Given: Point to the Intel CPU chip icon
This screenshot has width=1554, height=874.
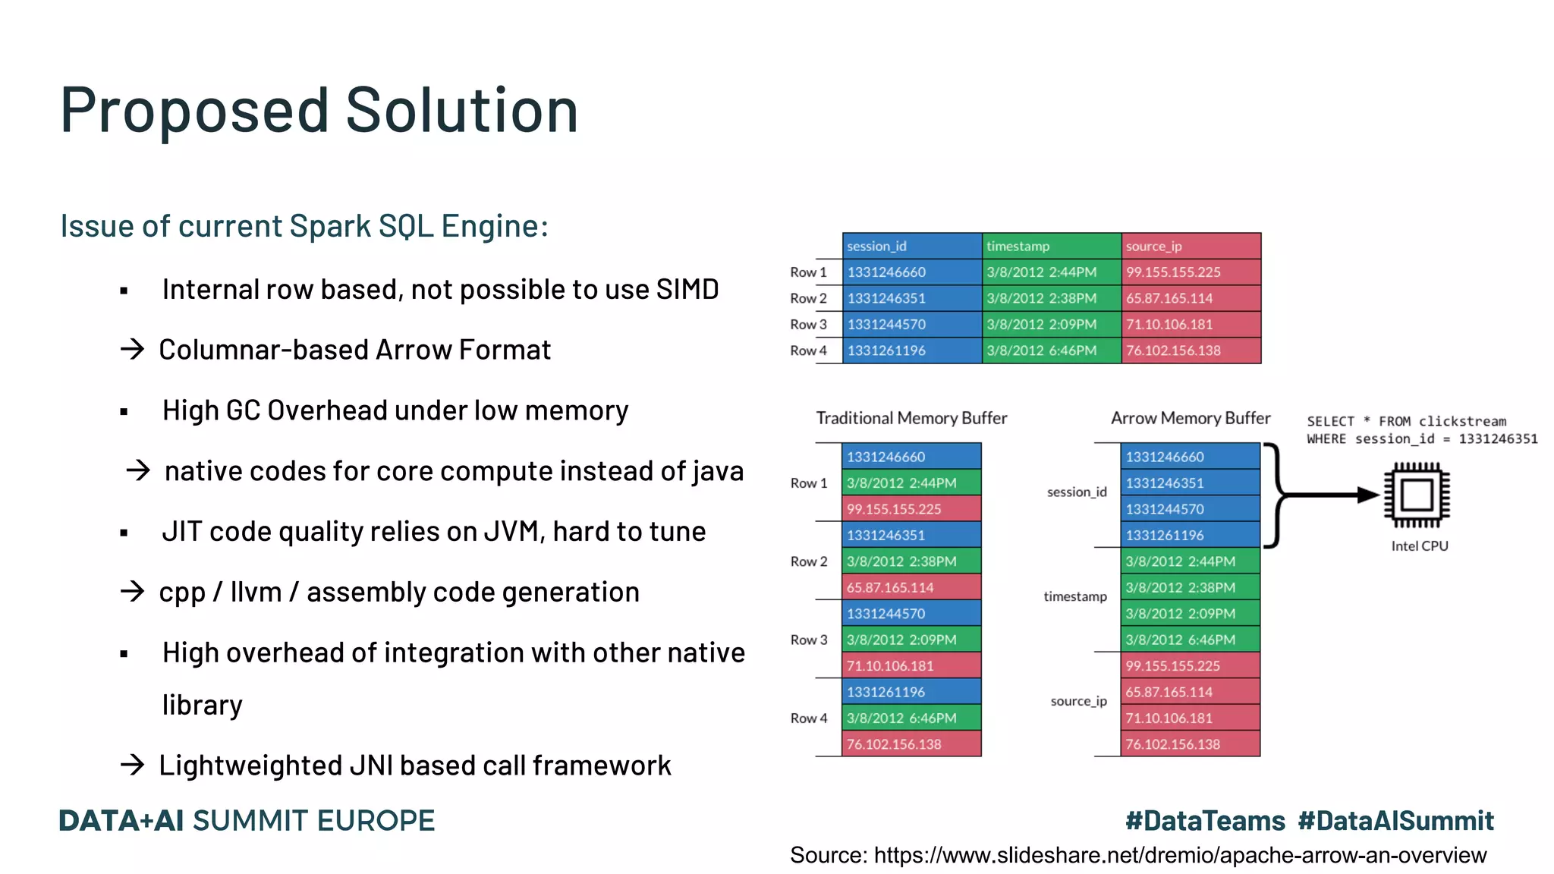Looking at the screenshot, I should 1416,495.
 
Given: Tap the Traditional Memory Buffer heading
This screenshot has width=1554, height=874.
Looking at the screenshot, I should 911,418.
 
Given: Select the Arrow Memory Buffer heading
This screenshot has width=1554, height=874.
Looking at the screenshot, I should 1190,418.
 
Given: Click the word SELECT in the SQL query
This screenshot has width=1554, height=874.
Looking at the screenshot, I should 1330,422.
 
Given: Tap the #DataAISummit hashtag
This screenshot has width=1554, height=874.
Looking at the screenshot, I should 1395,821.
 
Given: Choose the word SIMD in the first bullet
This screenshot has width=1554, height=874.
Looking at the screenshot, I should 687,290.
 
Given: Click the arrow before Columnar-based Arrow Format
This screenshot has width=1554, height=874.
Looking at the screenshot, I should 132,350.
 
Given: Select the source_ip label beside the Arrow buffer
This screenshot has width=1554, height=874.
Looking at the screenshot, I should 1078,701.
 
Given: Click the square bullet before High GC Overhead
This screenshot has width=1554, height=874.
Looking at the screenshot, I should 124,412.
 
